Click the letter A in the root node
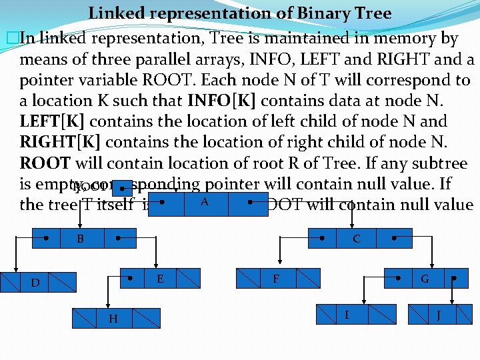pos(204,201)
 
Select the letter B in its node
pos(80,238)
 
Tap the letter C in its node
pos(356,238)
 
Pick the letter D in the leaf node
pos(35,283)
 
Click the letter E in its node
pos(160,278)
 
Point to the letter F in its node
pos(275,279)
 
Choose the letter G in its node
pos(425,279)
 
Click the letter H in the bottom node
pos(113,319)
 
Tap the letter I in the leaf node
pos(346,313)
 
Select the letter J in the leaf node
pos(438,314)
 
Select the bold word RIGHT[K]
pos(61,143)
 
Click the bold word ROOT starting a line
pos(45,163)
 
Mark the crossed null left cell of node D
pos(10,283)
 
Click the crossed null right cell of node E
pos(187,277)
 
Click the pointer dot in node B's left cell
pos(45,237)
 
